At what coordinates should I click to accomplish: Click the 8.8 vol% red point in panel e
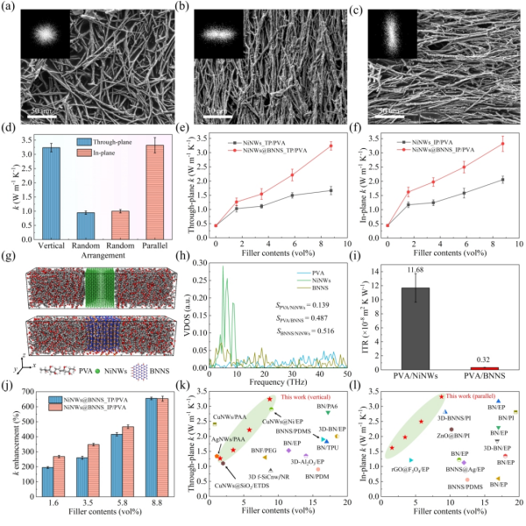tap(331, 146)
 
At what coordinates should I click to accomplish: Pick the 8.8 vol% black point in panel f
tap(502, 179)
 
